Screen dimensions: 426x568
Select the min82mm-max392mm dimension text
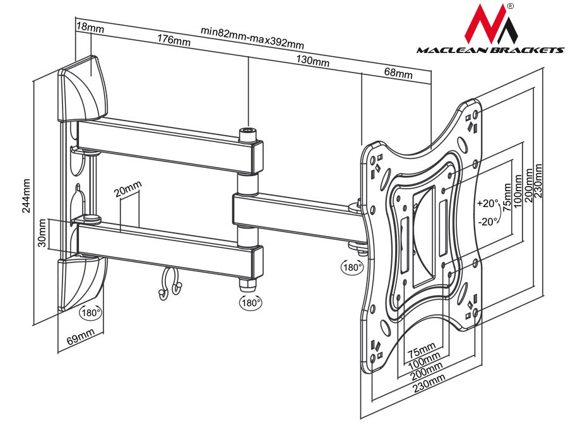(252, 37)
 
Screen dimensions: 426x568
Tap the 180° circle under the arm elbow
(251, 302)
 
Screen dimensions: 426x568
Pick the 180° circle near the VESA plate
(352, 267)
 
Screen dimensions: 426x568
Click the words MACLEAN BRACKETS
(490, 50)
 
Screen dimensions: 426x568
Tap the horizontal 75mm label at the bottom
(421, 351)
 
